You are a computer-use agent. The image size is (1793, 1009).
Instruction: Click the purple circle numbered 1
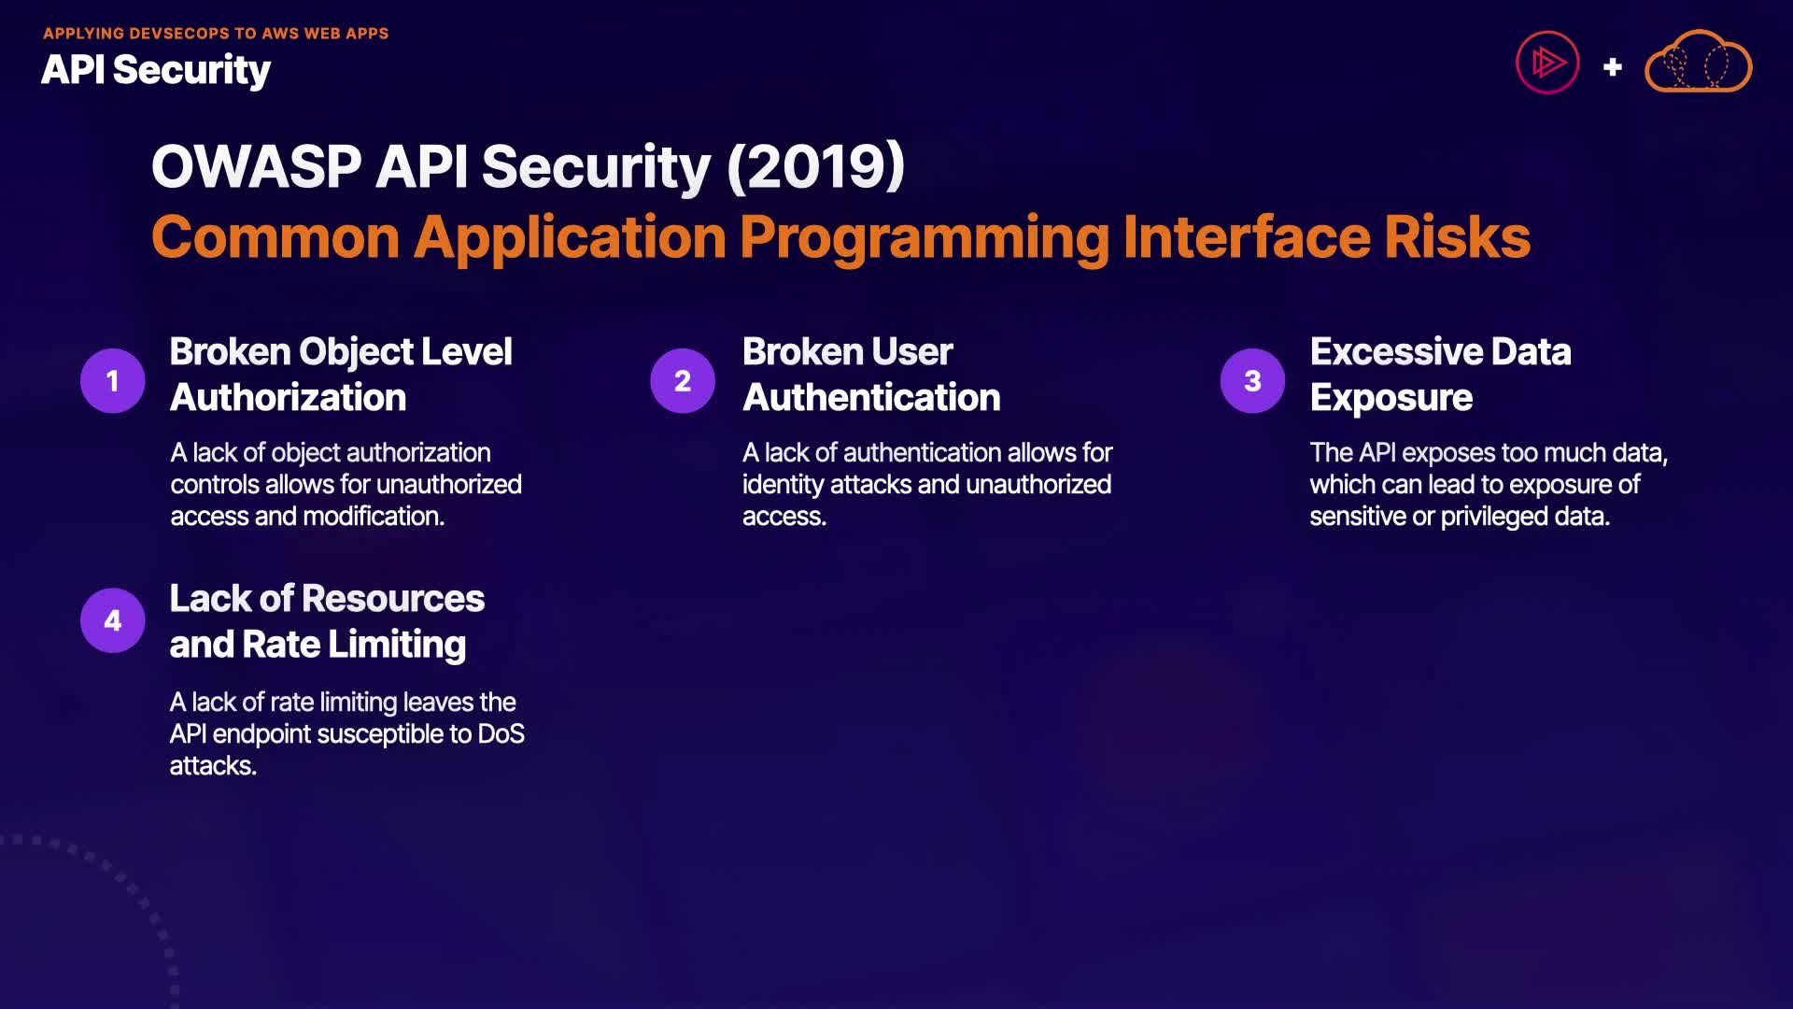pyautogui.click(x=112, y=380)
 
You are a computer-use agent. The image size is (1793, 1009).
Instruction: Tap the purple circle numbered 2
pyautogui.click(x=683, y=380)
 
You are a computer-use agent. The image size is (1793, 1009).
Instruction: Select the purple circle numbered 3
pyautogui.click(x=1252, y=380)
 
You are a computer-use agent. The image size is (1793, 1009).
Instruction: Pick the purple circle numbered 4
pyautogui.click(x=112, y=620)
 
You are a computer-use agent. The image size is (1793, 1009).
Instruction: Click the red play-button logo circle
pyautogui.click(x=1547, y=63)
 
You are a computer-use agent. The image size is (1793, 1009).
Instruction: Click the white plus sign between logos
pyautogui.click(x=1612, y=67)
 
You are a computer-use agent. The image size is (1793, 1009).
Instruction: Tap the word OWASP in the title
pyautogui.click(x=257, y=166)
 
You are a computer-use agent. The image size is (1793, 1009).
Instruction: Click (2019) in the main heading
pyautogui.click(x=816, y=166)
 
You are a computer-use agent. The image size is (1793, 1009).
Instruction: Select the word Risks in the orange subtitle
pyautogui.click(x=1458, y=237)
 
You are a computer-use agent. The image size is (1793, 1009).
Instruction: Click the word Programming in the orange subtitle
pyautogui.click(x=925, y=239)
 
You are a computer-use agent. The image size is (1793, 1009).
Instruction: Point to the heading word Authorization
pyautogui.click(x=288, y=398)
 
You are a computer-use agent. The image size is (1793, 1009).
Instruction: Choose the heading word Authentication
pyautogui.click(x=871, y=398)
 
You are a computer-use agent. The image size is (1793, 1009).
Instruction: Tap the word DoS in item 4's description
pyautogui.click(x=501, y=734)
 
